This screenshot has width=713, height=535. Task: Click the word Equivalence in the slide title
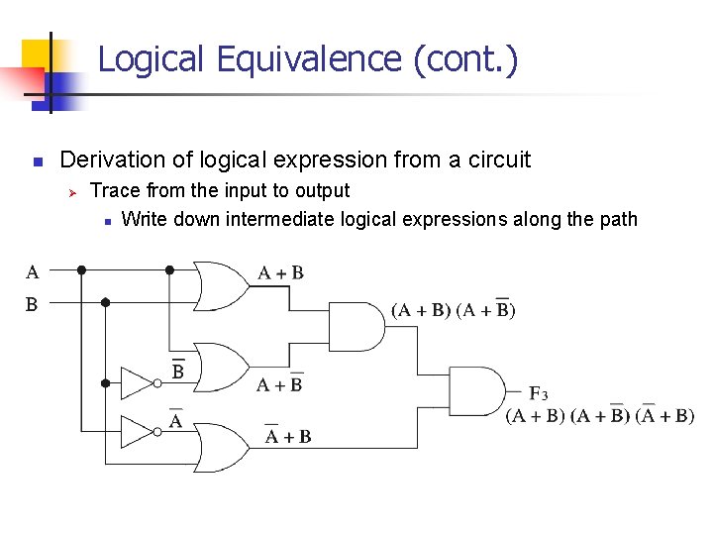coord(304,59)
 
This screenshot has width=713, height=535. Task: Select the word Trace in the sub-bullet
coord(112,190)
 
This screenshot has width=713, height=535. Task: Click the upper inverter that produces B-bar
coord(138,382)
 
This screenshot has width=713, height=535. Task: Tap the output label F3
coord(539,393)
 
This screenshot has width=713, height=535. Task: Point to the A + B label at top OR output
coord(280,272)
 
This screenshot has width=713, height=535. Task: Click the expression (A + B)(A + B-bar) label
coord(454,309)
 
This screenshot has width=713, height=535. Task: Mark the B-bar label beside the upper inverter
coord(178,371)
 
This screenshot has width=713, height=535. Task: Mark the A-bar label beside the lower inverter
coord(175,420)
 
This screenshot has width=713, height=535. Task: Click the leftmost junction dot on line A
coord(82,268)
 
